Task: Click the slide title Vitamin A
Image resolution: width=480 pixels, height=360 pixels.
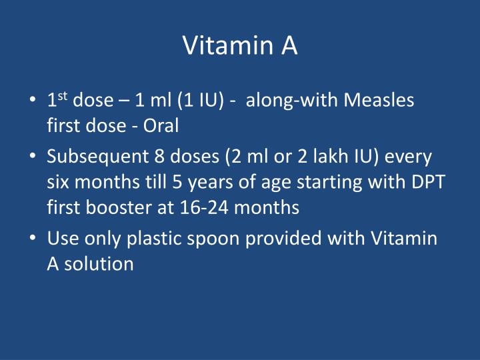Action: coord(240,45)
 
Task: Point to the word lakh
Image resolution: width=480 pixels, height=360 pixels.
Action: coord(308,158)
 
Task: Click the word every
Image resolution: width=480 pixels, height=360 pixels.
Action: coord(407,158)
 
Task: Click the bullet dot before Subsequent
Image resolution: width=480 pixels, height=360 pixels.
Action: coord(33,159)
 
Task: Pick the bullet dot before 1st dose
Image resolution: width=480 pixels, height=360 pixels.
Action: coord(33,101)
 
